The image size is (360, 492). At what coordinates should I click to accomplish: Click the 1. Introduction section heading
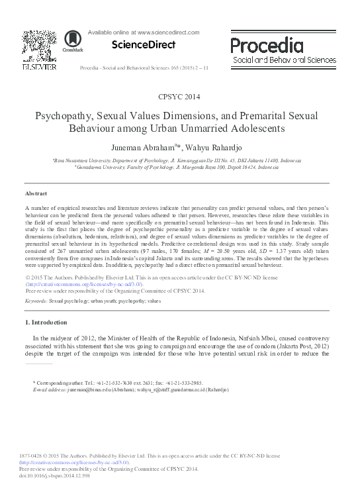pos(46,322)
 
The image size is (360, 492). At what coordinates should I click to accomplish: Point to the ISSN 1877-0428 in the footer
pos(38,455)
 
